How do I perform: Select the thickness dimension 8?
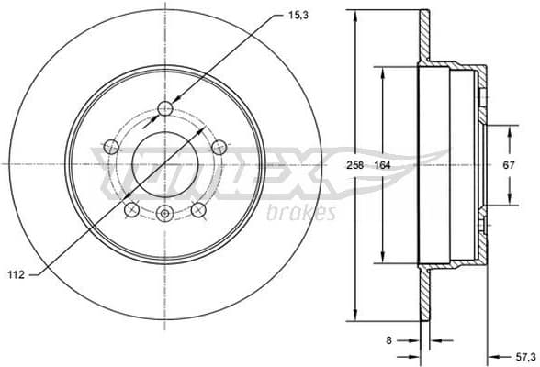[389, 339]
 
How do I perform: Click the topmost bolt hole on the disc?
[165, 109]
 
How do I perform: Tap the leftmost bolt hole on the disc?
[112, 145]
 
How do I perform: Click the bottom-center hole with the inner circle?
[165, 215]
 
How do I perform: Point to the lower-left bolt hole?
[132, 209]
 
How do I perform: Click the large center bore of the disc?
[165, 161]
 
